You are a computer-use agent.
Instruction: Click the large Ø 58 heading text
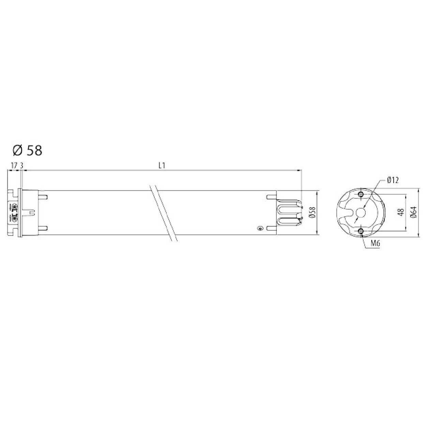coord(27,151)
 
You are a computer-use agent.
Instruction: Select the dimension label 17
coord(14,166)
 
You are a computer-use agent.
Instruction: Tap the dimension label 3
coord(21,166)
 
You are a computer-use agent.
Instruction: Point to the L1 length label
coord(162,166)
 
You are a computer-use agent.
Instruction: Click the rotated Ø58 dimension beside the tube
coord(313,212)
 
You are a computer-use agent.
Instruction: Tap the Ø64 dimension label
coord(414,212)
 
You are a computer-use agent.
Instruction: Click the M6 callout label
coord(375,243)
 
